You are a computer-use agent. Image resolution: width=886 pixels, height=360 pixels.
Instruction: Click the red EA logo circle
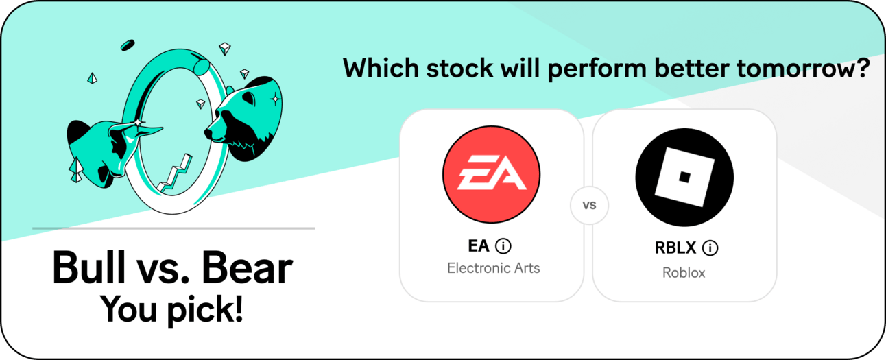pyautogui.click(x=491, y=174)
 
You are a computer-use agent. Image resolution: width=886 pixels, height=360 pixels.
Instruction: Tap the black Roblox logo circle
pyautogui.click(x=684, y=177)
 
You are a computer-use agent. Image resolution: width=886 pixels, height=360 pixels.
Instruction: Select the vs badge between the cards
pyautogui.click(x=589, y=205)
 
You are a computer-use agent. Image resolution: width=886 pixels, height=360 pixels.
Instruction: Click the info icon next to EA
pyautogui.click(x=503, y=246)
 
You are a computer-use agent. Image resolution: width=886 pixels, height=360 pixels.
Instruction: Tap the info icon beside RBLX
pyautogui.click(x=710, y=248)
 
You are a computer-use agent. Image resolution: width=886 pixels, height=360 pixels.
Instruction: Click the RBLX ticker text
pyautogui.click(x=675, y=248)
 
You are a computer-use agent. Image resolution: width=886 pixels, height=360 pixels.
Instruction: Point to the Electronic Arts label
pyautogui.click(x=493, y=268)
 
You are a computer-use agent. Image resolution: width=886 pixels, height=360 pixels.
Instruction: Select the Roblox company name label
pyautogui.click(x=684, y=273)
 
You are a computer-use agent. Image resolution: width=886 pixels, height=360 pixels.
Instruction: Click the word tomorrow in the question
pyautogui.click(x=802, y=69)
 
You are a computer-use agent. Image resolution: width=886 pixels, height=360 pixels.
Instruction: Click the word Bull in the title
pyautogui.click(x=88, y=267)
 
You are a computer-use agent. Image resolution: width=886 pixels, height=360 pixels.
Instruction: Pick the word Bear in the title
pyautogui.click(x=247, y=267)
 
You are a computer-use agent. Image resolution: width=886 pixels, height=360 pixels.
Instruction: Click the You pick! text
pyautogui.click(x=171, y=311)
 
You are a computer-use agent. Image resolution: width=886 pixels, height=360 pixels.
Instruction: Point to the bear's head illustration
pyautogui.click(x=244, y=119)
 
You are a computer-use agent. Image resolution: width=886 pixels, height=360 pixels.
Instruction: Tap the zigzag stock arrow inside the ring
pyautogui.click(x=175, y=174)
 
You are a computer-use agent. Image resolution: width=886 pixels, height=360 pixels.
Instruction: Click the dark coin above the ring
pyautogui.click(x=128, y=45)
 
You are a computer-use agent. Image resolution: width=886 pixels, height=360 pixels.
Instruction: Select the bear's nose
pyautogui.click(x=208, y=133)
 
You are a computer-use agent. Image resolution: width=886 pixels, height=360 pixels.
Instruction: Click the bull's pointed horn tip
pyautogui.click(x=161, y=128)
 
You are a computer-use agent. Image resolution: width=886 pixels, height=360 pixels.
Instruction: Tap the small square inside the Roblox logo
pyautogui.click(x=684, y=177)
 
